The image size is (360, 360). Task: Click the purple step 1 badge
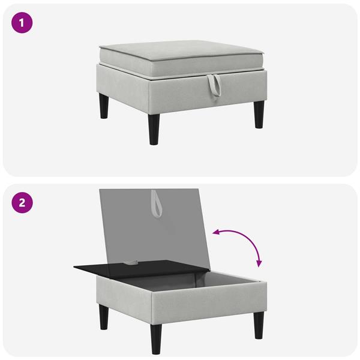(x=22, y=23)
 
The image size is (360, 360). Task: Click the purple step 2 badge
(x=22, y=203)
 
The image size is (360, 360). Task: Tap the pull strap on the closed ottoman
(x=214, y=85)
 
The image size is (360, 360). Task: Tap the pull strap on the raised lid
(x=156, y=203)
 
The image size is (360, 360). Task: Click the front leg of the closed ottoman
(x=154, y=130)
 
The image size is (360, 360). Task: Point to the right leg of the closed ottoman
(x=259, y=115)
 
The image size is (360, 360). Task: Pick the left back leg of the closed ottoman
(x=104, y=106)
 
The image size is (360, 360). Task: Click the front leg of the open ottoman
(x=156, y=339)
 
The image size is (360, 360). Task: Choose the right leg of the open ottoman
(x=259, y=325)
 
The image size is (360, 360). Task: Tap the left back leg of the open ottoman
(x=104, y=317)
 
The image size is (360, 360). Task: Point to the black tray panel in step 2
(x=138, y=268)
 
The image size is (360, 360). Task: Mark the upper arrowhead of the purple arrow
(x=215, y=233)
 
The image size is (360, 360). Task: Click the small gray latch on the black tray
(x=131, y=262)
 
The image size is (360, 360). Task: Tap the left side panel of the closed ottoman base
(x=123, y=89)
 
